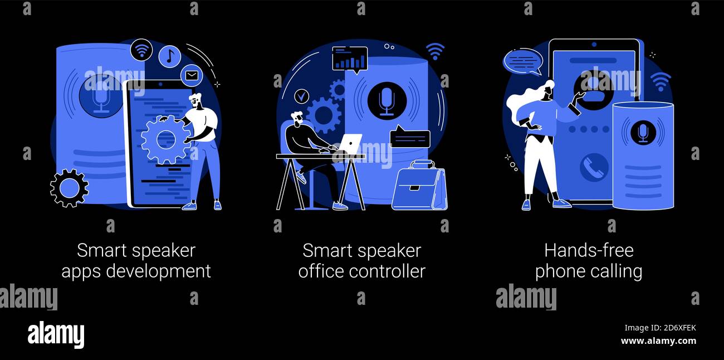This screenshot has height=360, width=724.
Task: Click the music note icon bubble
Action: (170, 57)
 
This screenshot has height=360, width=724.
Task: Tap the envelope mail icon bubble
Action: (192, 76)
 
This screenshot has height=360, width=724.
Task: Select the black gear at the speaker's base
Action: (69, 188)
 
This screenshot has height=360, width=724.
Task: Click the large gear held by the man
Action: (166, 140)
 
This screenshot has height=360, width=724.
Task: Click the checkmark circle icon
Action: (301, 96)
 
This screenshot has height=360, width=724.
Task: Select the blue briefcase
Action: (419, 186)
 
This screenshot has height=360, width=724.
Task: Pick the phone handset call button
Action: (594, 167)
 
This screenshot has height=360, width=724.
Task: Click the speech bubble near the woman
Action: (522, 62)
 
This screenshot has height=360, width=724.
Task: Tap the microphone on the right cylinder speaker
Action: (643, 133)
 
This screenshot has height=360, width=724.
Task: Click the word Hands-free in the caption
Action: (589, 250)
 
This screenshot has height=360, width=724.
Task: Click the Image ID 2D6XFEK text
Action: (660, 328)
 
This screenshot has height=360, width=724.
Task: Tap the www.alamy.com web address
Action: (658, 340)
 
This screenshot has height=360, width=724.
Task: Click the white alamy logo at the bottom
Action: (56, 334)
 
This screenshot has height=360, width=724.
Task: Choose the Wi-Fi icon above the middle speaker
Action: (435, 51)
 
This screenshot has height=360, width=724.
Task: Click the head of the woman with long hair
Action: (548, 89)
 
